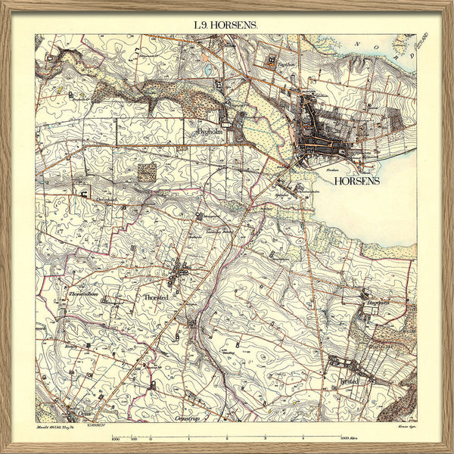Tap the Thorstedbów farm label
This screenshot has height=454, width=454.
86,291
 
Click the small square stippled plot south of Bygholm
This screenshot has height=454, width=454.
146,172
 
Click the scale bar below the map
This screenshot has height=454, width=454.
227,432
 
